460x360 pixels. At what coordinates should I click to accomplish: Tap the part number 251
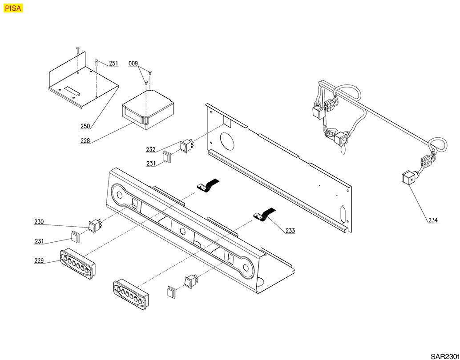tap(113, 64)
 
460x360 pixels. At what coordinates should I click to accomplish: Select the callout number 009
tap(133, 64)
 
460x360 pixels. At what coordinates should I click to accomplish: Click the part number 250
tap(85, 126)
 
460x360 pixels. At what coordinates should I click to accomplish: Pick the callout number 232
tap(151, 149)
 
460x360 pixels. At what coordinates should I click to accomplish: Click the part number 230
tap(40, 221)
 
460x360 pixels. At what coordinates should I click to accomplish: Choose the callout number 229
tap(40, 261)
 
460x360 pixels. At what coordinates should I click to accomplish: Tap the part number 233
tap(290, 231)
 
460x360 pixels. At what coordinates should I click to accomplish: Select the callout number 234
tap(433, 220)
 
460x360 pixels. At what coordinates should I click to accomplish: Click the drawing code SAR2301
tap(444, 356)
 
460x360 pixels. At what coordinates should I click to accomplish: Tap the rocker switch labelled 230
tap(95, 226)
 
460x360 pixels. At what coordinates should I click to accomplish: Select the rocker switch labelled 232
tap(186, 145)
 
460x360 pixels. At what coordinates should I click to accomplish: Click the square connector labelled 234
tap(407, 180)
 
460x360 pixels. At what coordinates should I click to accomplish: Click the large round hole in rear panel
tap(227, 140)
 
